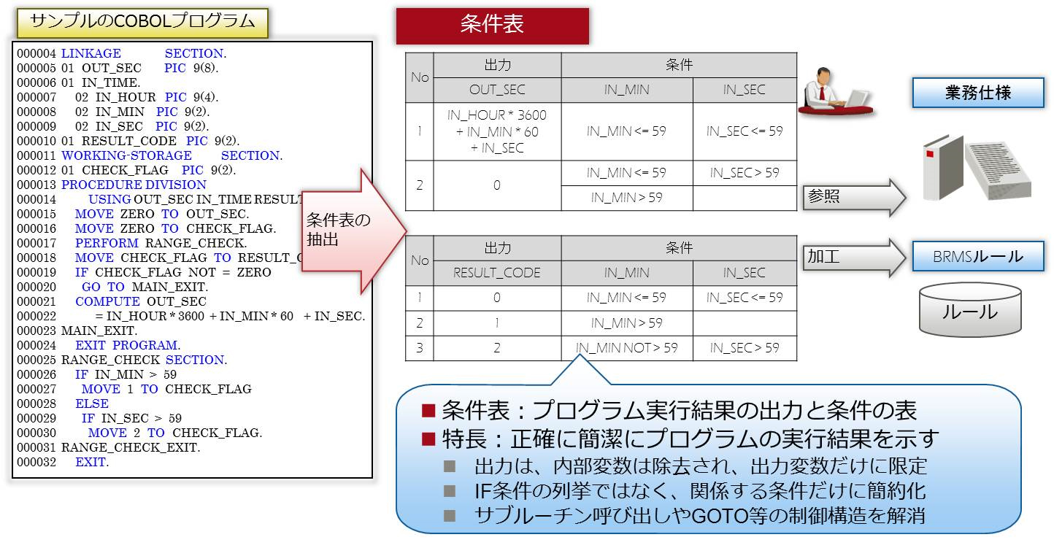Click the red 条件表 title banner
point(492,26)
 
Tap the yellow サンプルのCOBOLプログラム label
point(142,22)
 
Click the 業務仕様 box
point(977,93)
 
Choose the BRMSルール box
point(977,257)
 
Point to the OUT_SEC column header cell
point(497,90)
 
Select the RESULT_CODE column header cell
point(497,273)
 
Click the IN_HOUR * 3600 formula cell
point(497,131)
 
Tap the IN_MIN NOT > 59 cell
point(626,348)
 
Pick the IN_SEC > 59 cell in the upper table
point(744,173)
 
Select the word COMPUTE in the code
point(107,301)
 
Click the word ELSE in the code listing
point(91,404)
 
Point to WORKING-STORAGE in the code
point(126,155)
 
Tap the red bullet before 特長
point(428,439)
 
